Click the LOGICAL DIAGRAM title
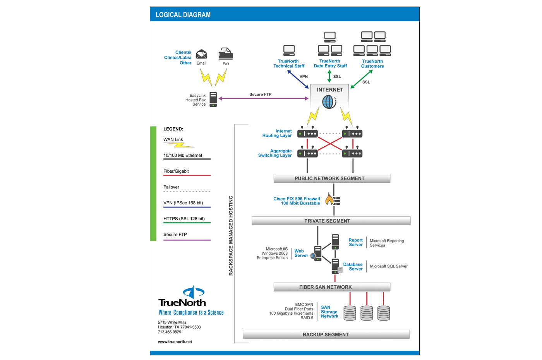(183, 15)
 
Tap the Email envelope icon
(201, 55)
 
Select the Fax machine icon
(226, 54)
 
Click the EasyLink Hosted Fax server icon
(213, 99)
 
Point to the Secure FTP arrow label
(260, 94)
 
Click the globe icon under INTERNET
(328, 102)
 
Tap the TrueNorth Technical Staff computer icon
(289, 50)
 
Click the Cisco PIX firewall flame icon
(329, 199)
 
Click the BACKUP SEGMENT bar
(326, 334)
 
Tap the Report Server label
(356, 242)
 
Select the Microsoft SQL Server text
(389, 266)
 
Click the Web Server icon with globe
(317, 254)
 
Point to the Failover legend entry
(172, 187)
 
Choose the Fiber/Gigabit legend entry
(176, 171)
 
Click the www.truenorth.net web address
(175, 342)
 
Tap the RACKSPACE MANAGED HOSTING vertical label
(231, 235)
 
